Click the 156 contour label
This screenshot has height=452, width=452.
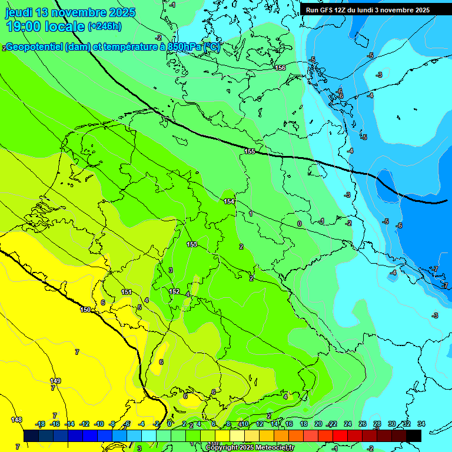tap(280, 68)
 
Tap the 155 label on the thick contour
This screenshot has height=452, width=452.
tap(250, 152)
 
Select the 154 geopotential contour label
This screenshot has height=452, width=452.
tap(229, 201)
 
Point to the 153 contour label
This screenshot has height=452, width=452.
tap(192, 244)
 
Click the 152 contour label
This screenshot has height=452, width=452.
tap(174, 291)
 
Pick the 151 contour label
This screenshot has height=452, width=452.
tap(127, 292)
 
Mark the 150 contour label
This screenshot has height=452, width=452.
tap(85, 310)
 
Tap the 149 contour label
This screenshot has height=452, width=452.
tap(55, 381)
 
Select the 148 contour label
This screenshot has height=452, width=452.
tap(16, 420)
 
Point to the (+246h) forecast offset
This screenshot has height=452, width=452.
tap(104, 26)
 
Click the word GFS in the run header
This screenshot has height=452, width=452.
tap(327, 10)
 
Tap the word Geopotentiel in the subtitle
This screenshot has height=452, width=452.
tap(34, 47)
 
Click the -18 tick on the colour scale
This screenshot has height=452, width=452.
tap(40, 424)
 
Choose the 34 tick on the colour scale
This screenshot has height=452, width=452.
tap(421, 424)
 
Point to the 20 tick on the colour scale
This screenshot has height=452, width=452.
tap(318, 424)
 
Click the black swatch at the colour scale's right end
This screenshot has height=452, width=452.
tap(413, 435)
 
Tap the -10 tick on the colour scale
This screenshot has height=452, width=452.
tap(99, 424)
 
